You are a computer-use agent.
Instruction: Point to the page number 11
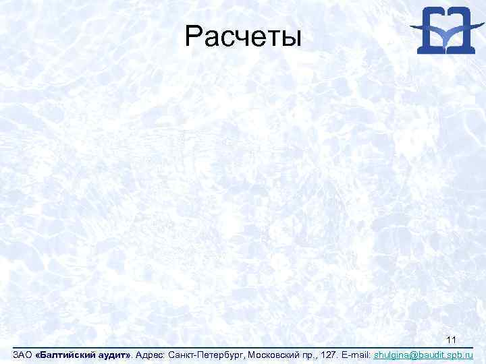point(453,339)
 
